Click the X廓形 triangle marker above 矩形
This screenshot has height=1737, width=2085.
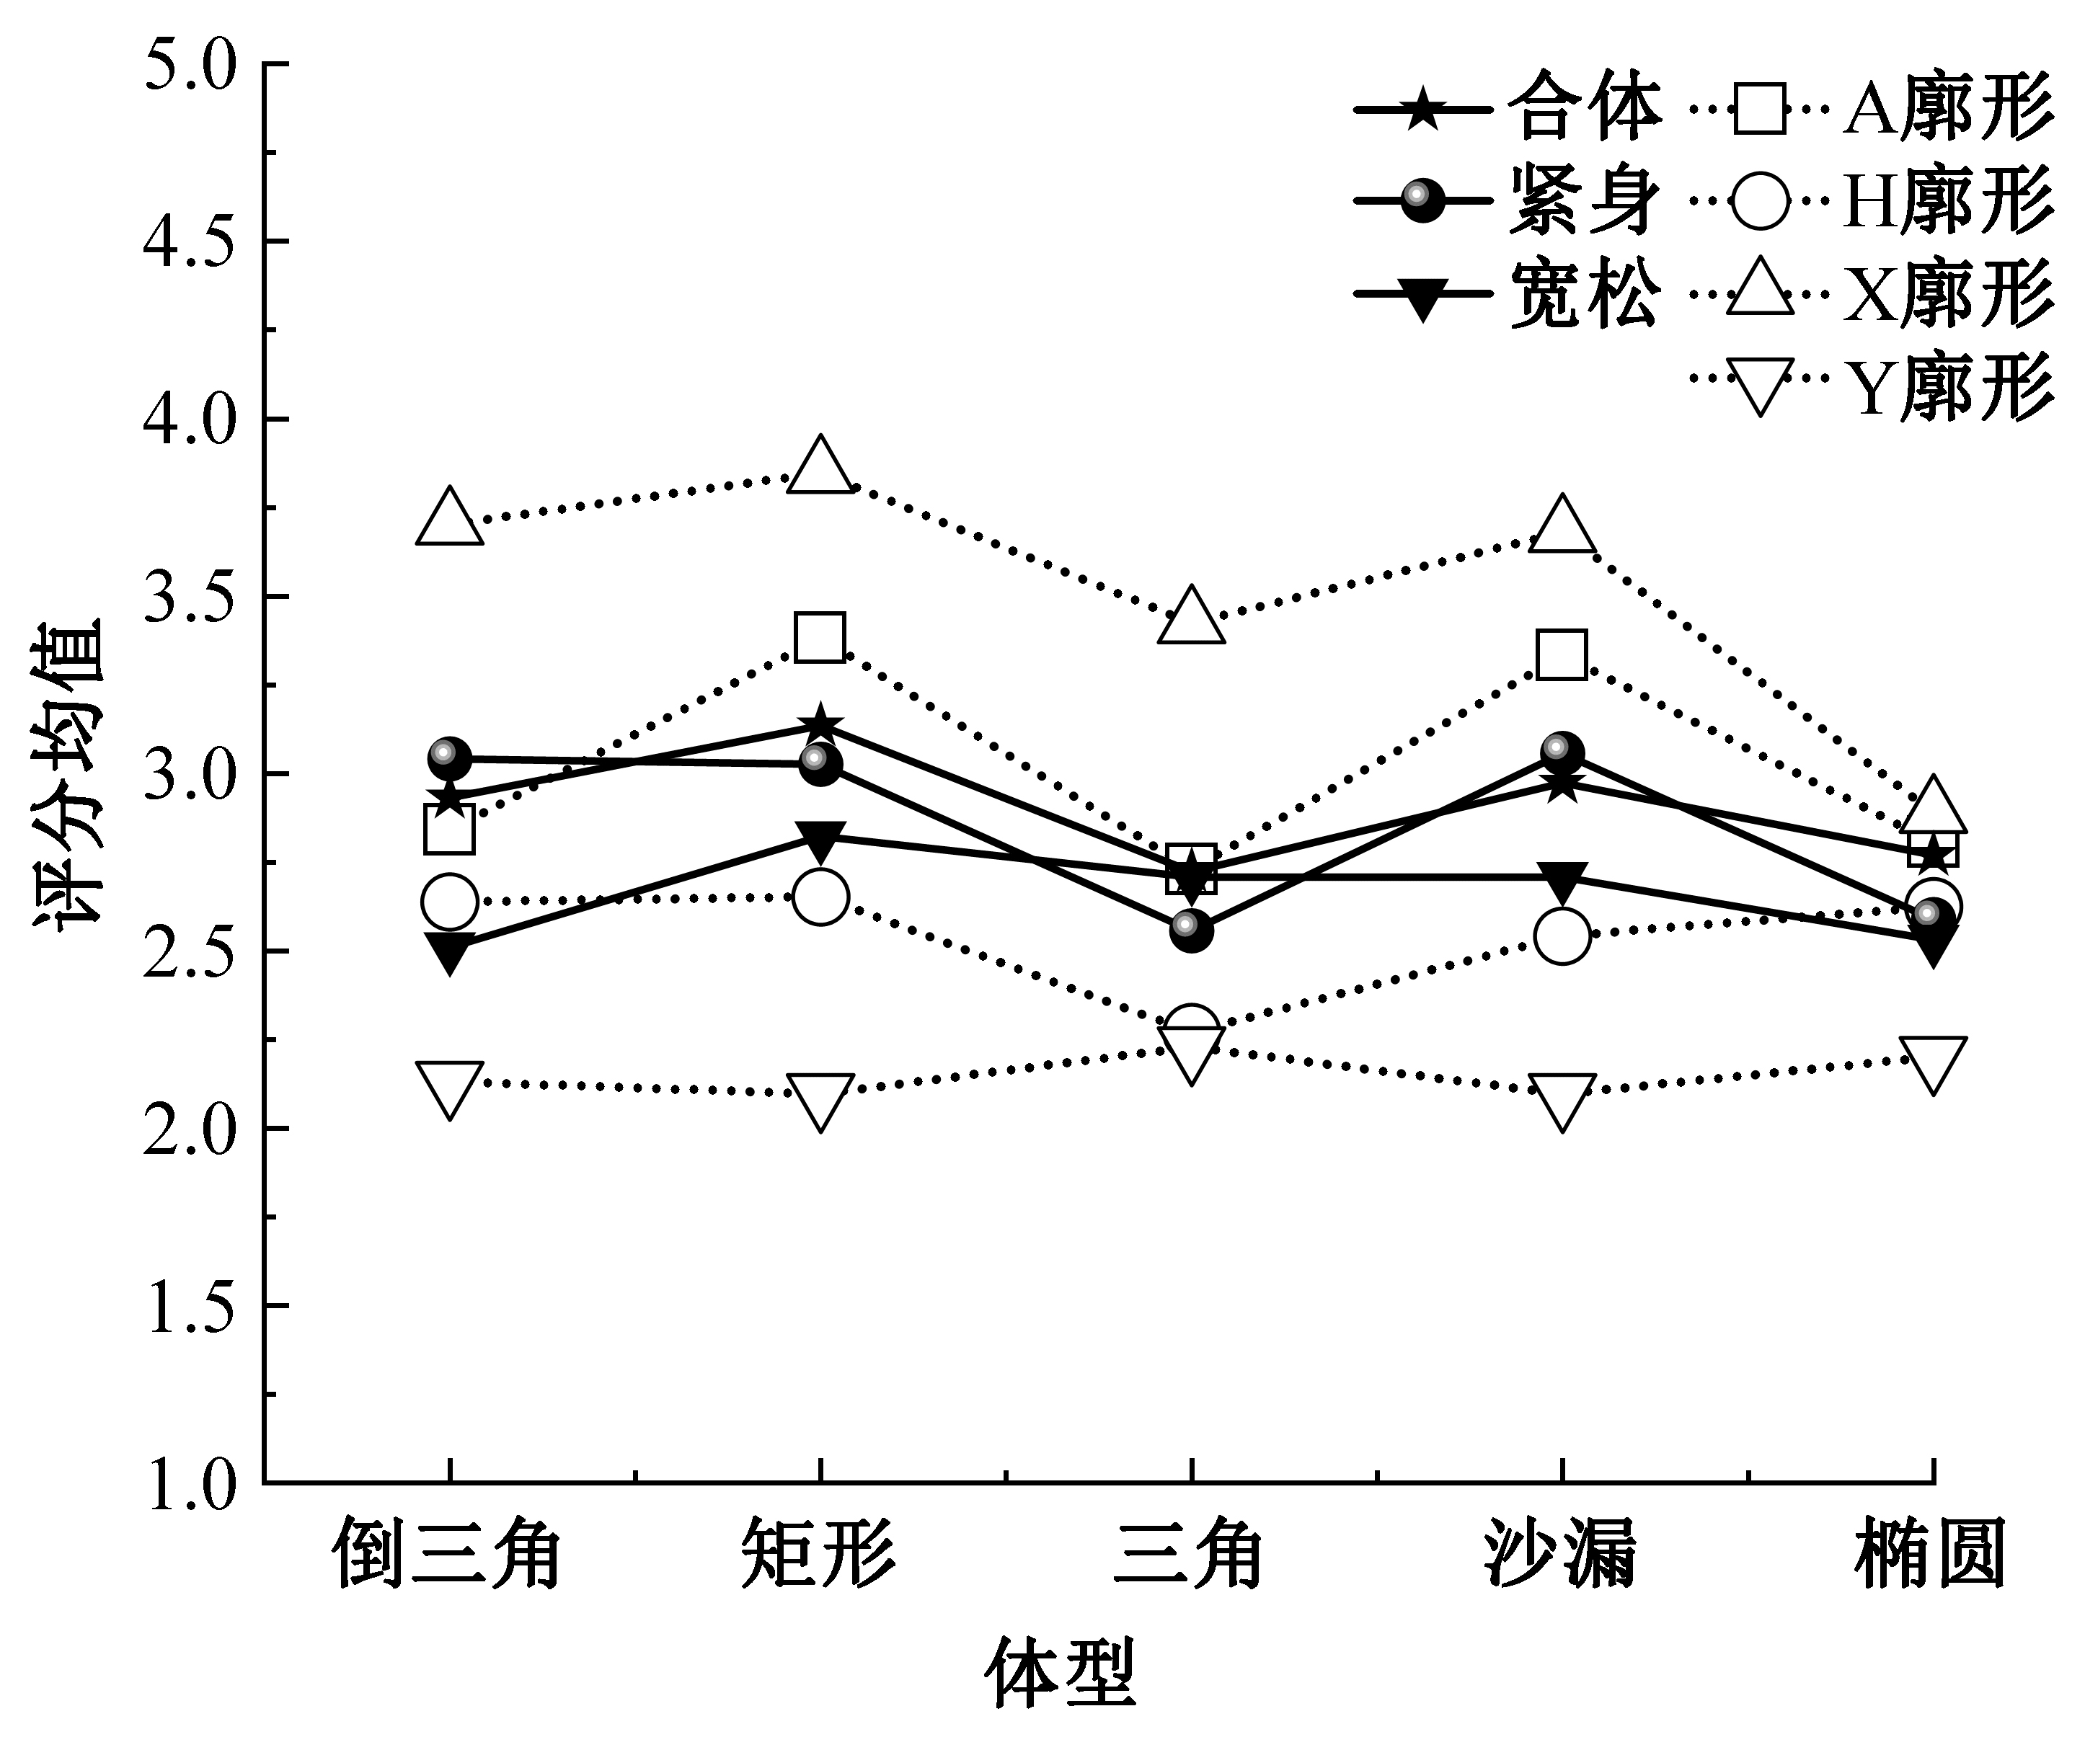point(820,466)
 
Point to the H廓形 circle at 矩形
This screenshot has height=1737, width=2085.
point(820,897)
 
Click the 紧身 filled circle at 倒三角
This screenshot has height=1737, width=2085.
point(450,760)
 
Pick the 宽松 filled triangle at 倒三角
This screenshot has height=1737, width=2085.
point(450,951)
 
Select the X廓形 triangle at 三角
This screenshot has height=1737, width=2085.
point(1190,616)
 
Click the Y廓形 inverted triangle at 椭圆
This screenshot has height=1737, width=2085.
point(1932,1064)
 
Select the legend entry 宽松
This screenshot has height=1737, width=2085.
point(1584,295)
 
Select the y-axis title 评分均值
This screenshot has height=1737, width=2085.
point(69,772)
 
